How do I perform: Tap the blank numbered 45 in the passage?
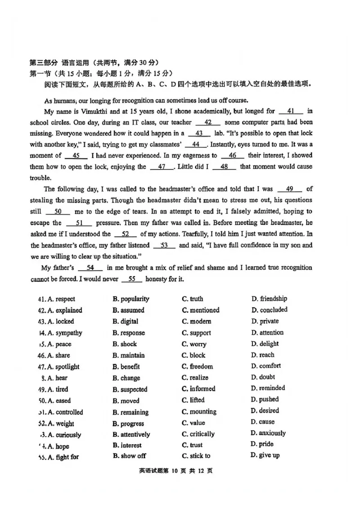coord(76,156)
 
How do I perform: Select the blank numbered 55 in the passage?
coord(132,279)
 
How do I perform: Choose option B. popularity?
coord(131,299)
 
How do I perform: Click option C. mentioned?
coord(201,310)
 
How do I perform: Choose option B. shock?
coord(125,344)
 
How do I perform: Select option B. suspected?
coord(130,389)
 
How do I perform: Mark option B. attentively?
coord(131,435)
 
